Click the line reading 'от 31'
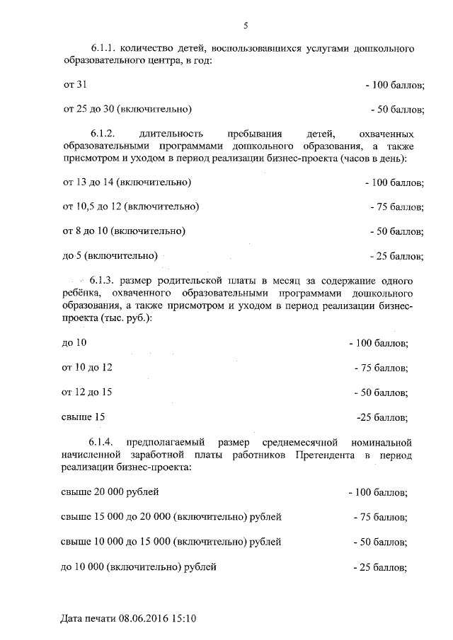click(x=75, y=85)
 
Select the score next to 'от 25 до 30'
click(x=397, y=110)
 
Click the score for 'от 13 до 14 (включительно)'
click(x=394, y=182)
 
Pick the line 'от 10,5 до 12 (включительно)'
click(x=130, y=206)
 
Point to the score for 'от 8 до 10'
click(x=397, y=231)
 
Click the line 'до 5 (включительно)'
click(x=110, y=255)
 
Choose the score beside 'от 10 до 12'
click(x=381, y=368)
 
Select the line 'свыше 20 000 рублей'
click(x=110, y=491)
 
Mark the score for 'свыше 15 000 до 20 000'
click(x=380, y=518)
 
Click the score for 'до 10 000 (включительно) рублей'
click(x=380, y=566)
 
